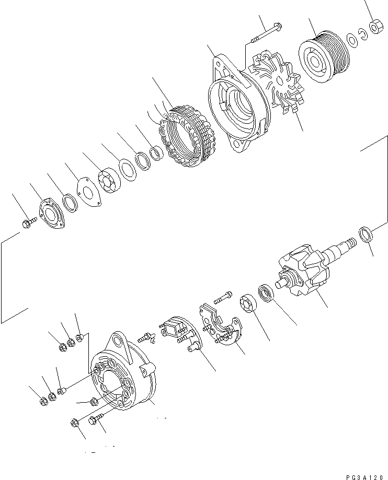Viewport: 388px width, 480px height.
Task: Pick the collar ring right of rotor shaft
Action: point(366,234)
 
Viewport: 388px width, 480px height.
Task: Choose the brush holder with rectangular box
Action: point(177,331)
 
